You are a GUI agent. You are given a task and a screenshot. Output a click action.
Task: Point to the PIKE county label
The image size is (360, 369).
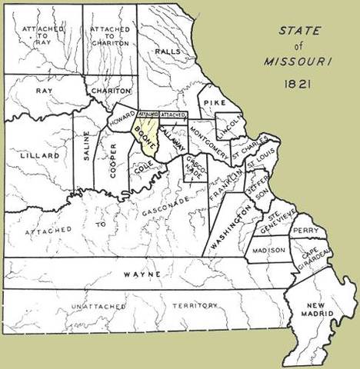coord(214,100)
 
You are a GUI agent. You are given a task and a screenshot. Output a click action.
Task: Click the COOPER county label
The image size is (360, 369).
coord(113,160)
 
